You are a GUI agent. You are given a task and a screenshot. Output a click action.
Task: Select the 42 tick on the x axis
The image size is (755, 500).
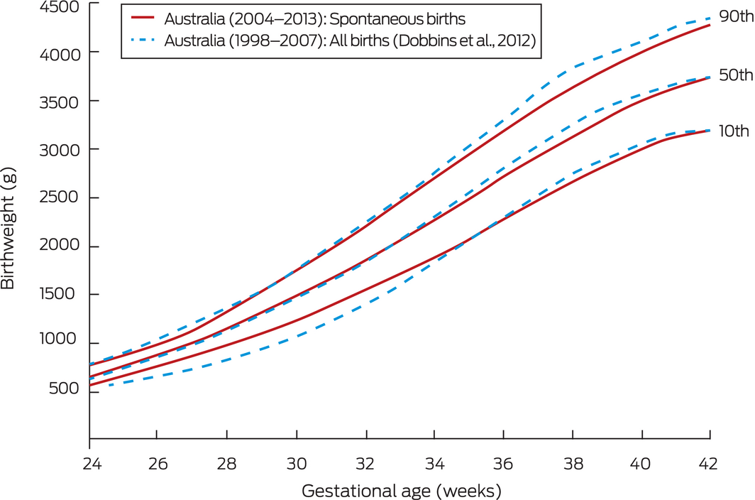pyautogui.click(x=710, y=462)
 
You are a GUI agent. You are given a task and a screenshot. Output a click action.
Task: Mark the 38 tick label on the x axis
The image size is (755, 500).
pyautogui.click(x=572, y=462)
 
